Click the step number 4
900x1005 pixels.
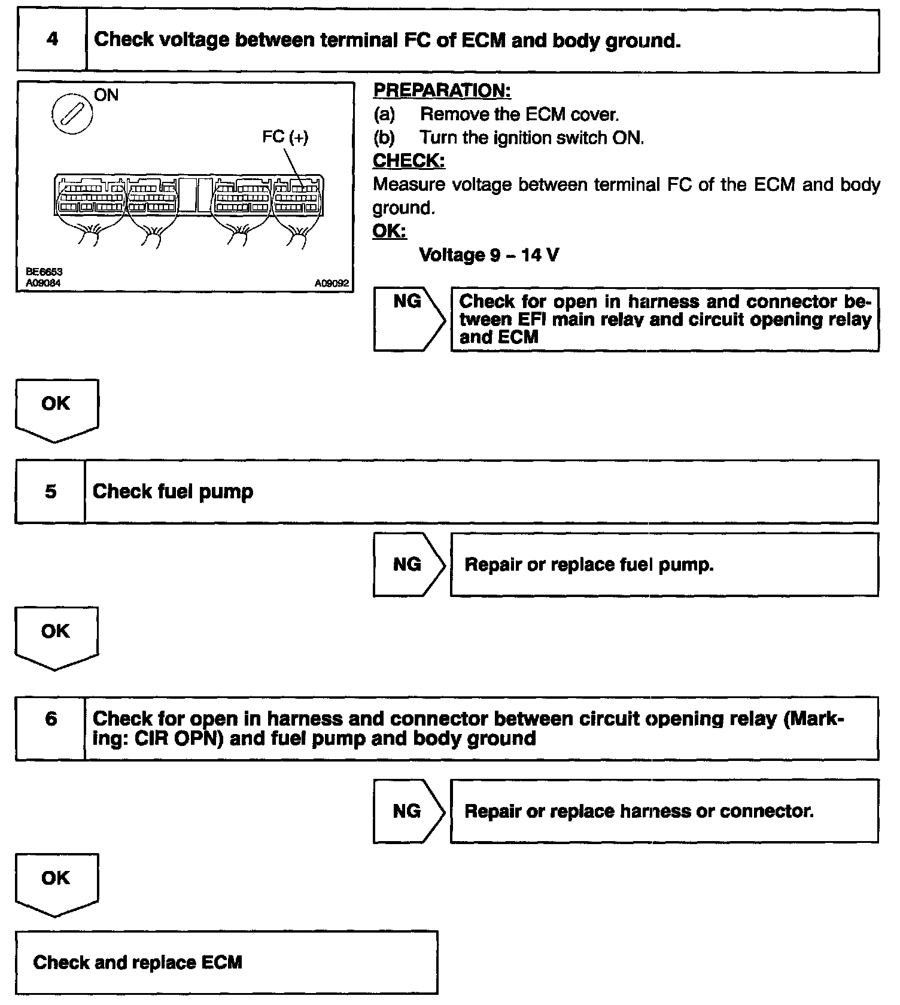(x=52, y=40)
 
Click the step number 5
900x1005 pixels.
(x=51, y=492)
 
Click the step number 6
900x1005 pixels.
(x=51, y=718)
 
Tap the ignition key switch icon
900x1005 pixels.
(x=72, y=113)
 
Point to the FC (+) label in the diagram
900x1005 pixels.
(x=285, y=137)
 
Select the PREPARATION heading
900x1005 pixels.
(x=442, y=90)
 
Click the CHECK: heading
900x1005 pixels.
(x=409, y=161)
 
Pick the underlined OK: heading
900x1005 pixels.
(x=389, y=231)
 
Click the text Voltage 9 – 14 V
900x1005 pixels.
(x=489, y=255)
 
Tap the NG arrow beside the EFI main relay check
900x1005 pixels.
(x=408, y=318)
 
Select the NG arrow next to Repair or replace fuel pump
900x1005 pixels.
(x=408, y=565)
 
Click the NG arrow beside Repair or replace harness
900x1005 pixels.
(x=408, y=811)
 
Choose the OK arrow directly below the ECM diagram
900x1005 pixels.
(x=56, y=409)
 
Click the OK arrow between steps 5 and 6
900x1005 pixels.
(x=56, y=636)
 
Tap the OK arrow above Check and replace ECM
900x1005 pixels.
(x=56, y=882)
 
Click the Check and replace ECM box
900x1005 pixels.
(x=226, y=962)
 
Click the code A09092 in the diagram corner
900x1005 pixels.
(x=331, y=284)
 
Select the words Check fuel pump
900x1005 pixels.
(x=173, y=492)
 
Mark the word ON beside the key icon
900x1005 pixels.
(x=107, y=95)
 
